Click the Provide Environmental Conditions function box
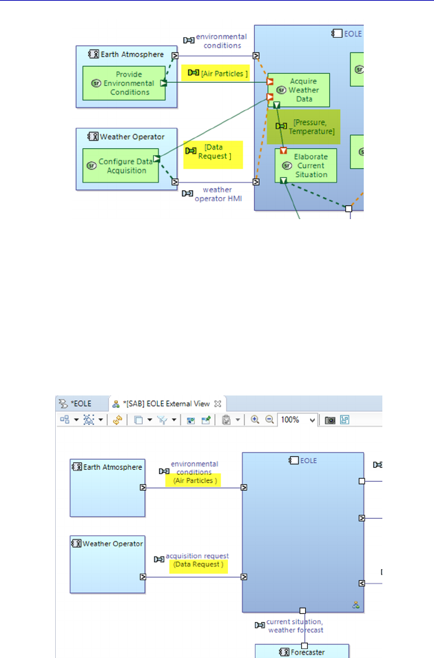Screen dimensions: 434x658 tap(124, 83)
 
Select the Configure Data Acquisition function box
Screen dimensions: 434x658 tap(121, 165)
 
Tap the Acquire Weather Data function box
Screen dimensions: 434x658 tap(299, 90)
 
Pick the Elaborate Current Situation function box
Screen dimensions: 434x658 tap(306, 165)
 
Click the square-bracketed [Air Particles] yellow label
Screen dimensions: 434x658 tap(215, 72)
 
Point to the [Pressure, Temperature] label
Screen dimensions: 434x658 tap(305, 127)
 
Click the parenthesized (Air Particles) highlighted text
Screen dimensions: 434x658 tap(196, 481)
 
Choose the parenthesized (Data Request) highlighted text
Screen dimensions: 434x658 tap(198, 564)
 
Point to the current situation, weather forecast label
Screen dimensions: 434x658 tap(294, 626)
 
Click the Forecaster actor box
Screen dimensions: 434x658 tap(302, 651)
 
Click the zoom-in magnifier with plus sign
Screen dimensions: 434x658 tap(255, 420)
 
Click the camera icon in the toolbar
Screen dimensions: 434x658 tap(330, 420)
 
